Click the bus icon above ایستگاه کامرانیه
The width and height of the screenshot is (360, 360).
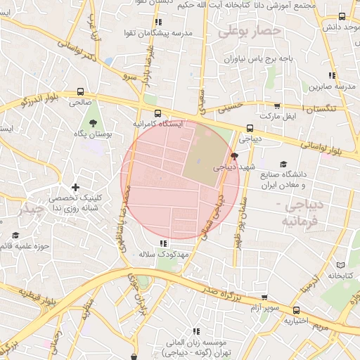point(157,112)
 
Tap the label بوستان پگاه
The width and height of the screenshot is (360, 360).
point(91,133)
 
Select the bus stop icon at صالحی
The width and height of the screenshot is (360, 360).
point(79,91)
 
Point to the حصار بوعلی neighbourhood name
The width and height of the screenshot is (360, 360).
point(249,31)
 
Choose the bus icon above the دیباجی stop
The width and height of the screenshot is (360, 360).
point(250,128)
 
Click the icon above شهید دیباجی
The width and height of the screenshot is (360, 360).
point(234,156)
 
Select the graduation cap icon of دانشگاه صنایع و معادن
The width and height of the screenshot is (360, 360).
point(283,164)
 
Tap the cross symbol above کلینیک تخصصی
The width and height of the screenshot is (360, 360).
point(75,187)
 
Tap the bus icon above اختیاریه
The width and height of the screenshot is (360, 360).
point(296,309)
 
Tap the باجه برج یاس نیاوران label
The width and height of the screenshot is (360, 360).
point(259,60)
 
